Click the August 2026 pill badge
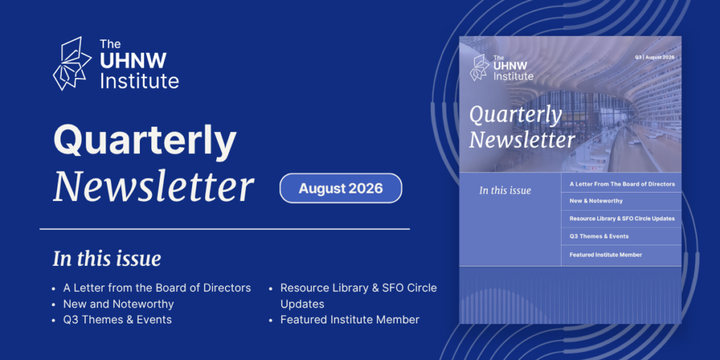tap(341, 188)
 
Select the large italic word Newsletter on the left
tap(153, 187)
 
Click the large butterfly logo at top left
tap(72, 63)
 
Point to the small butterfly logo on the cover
tap(480, 67)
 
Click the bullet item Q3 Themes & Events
tap(117, 320)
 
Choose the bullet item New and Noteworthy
tap(118, 304)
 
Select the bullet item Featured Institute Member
tap(350, 320)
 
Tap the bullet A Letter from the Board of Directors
tap(157, 288)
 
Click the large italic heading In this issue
tap(107, 259)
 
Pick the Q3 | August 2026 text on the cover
tap(655, 58)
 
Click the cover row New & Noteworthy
tap(596, 200)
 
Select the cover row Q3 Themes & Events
tap(599, 236)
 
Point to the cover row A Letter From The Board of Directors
tap(622, 184)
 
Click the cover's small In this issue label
tap(505, 190)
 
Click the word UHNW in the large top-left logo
tap(133, 61)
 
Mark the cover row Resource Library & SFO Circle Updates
tap(622, 219)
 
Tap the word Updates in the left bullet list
tap(302, 304)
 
